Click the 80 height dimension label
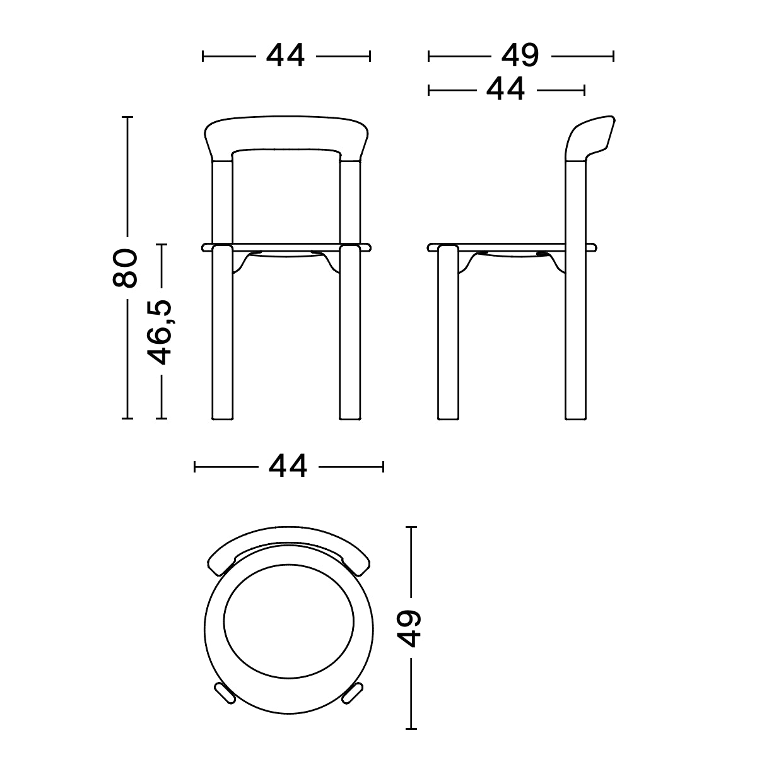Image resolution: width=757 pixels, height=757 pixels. click(x=125, y=268)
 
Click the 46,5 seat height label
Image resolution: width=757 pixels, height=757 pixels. click(x=160, y=332)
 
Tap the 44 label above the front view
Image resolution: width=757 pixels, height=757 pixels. click(x=286, y=56)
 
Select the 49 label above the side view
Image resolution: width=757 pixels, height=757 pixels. click(x=520, y=56)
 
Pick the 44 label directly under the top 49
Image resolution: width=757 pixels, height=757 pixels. click(x=505, y=90)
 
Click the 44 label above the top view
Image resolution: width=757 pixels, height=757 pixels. click(x=288, y=467)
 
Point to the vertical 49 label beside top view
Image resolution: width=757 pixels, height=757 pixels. click(x=411, y=628)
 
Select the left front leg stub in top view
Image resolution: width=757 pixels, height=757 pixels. click(x=223, y=693)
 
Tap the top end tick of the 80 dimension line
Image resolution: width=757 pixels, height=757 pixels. click(x=127, y=117)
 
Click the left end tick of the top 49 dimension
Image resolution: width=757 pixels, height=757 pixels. click(x=429, y=56)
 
